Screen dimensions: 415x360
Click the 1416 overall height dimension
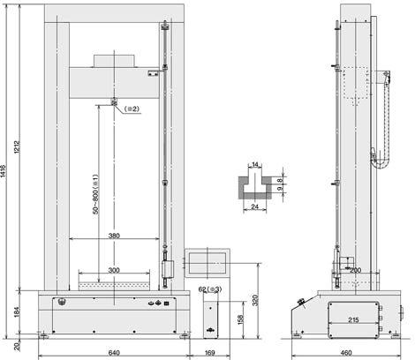pyautogui.click(x=3, y=171)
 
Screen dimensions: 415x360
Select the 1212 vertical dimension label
pyautogui.click(x=17, y=147)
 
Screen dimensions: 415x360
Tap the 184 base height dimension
pyautogui.click(x=17, y=312)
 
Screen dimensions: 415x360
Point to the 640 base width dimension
pyautogui.click(x=114, y=353)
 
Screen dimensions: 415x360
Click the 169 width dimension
pyautogui.click(x=209, y=353)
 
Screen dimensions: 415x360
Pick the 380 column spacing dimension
pyautogui.click(x=114, y=236)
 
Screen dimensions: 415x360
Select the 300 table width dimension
pyautogui.click(x=114, y=270)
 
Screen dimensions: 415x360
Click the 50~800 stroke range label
pyautogui.click(x=95, y=194)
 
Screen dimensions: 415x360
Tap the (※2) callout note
pyautogui.click(x=132, y=109)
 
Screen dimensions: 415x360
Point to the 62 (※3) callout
pyautogui.click(x=210, y=289)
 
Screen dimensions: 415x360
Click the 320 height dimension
pyautogui.click(x=255, y=300)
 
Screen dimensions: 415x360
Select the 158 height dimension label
pyautogui.click(x=241, y=319)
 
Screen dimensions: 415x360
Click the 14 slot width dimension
pyautogui.click(x=255, y=165)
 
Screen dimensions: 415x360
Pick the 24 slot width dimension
pyautogui.click(x=254, y=206)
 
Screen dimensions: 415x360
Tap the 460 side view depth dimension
pyautogui.click(x=346, y=353)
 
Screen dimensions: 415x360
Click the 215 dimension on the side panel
pyautogui.click(x=353, y=319)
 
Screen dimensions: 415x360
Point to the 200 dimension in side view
pyautogui.click(x=355, y=270)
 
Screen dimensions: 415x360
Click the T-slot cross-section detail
pyautogui.click(x=255, y=186)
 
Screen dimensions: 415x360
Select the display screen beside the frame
pyautogui.click(x=207, y=263)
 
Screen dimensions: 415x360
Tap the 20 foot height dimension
pyautogui.click(x=17, y=347)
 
